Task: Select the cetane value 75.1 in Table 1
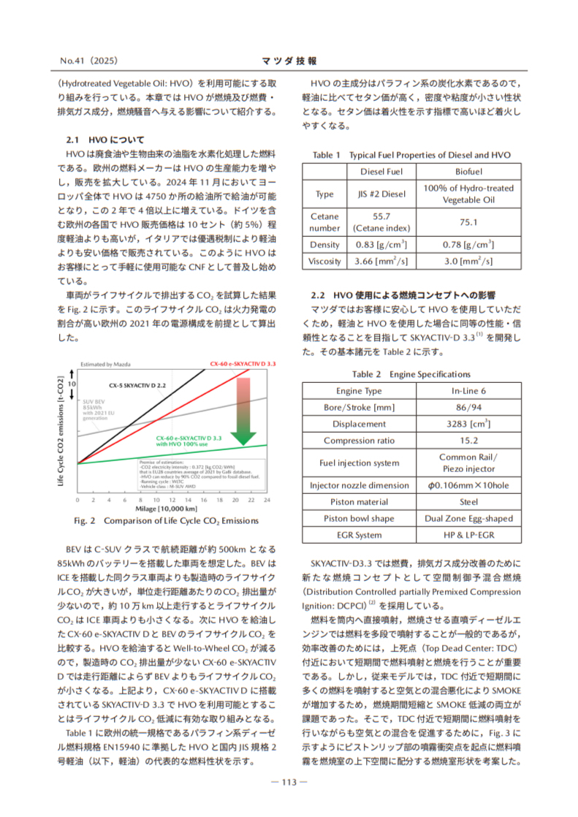tap(468, 222)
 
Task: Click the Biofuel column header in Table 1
tap(468, 172)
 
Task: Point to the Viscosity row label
tap(324, 261)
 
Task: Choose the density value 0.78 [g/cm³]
tap(468, 245)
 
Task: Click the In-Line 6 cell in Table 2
tap(468, 391)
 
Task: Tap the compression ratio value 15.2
tap(468, 441)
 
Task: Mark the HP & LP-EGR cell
tap(468, 535)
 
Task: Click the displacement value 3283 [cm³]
tap(468, 424)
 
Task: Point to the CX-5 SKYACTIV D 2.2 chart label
tap(137, 384)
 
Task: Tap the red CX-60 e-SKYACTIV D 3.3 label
tap(243, 363)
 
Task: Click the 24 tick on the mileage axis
tap(267, 500)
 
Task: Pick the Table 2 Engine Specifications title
tap(411, 374)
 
